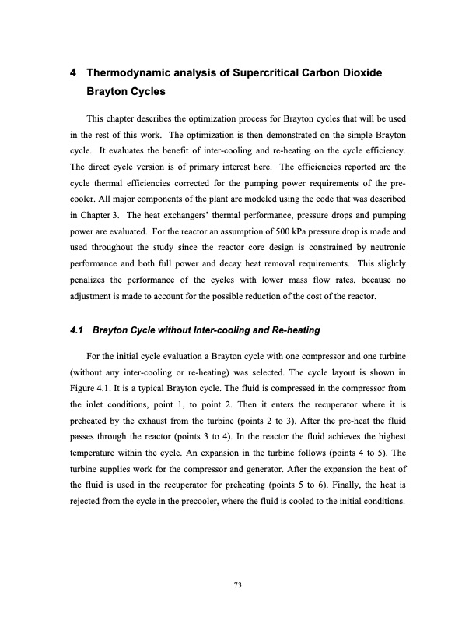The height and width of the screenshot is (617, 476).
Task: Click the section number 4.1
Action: point(76,330)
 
